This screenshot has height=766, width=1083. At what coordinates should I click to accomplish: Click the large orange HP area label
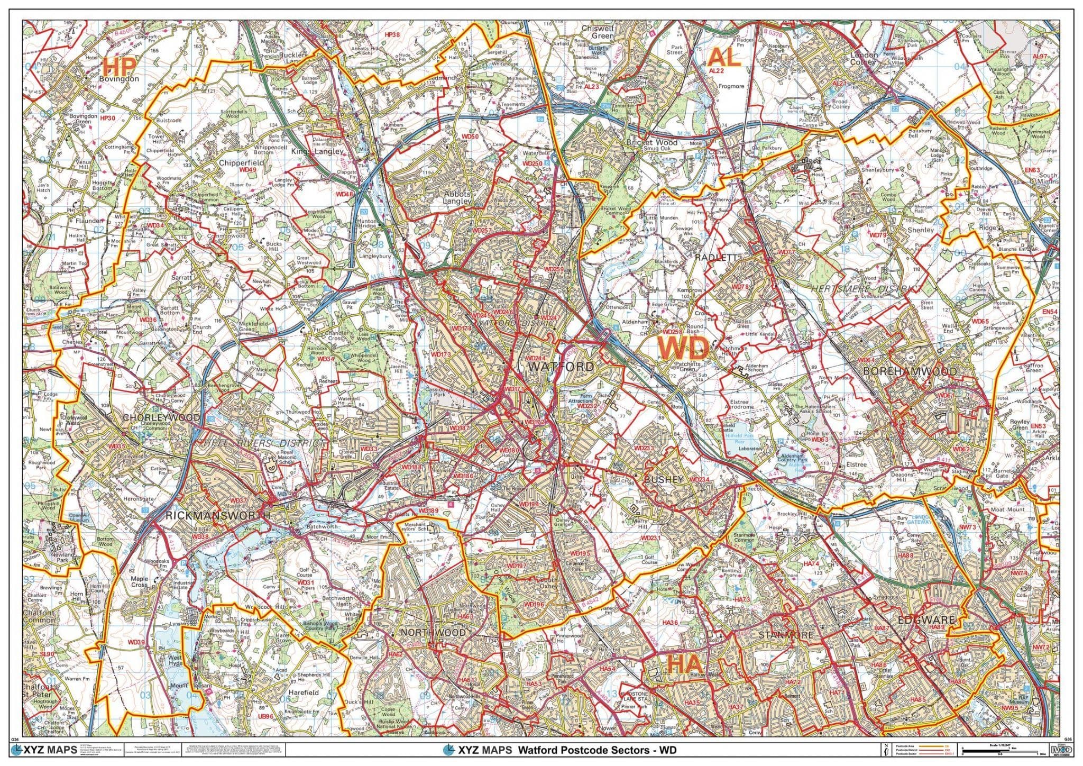[120, 67]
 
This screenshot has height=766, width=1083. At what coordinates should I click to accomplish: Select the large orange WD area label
[683, 349]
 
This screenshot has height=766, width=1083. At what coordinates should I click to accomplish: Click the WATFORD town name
[561, 367]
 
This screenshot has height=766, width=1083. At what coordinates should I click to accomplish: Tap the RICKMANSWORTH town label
[218, 515]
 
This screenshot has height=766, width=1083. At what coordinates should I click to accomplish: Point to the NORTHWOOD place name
[433, 633]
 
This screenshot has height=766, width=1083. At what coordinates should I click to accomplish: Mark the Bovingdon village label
[118, 79]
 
